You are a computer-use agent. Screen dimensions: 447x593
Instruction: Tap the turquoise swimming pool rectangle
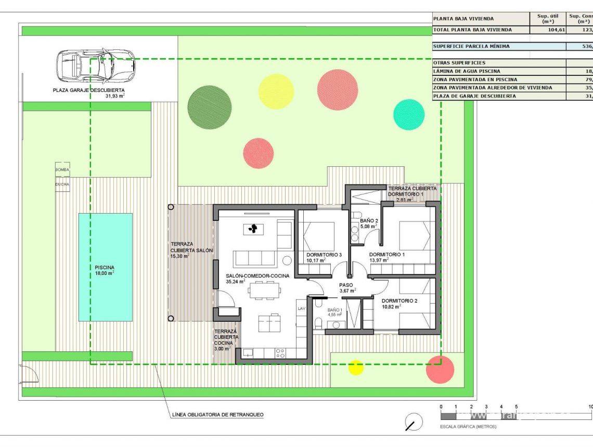(105, 267)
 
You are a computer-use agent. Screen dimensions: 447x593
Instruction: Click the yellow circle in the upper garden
(276, 91)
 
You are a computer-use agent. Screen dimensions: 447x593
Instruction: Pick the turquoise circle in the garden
(409, 114)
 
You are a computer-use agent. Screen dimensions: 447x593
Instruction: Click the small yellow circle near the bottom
(356, 367)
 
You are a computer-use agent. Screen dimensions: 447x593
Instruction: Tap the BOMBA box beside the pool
(62, 170)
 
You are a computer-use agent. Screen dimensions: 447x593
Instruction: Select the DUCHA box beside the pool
(62, 183)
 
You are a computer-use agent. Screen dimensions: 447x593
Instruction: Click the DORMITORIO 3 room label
(324, 255)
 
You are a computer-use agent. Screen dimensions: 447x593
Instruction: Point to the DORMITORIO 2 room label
(399, 301)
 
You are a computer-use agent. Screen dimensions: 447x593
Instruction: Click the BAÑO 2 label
(369, 221)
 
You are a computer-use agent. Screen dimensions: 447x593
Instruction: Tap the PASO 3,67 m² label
(347, 288)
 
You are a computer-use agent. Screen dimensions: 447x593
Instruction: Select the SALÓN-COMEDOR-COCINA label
(257, 276)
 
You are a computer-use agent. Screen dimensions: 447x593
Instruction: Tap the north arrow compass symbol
(413, 422)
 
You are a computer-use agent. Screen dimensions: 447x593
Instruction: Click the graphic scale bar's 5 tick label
(516, 406)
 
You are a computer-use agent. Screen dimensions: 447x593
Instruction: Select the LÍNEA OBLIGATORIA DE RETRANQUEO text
(217, 415)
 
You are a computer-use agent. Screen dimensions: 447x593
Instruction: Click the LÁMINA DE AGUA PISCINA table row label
(468, 71)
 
